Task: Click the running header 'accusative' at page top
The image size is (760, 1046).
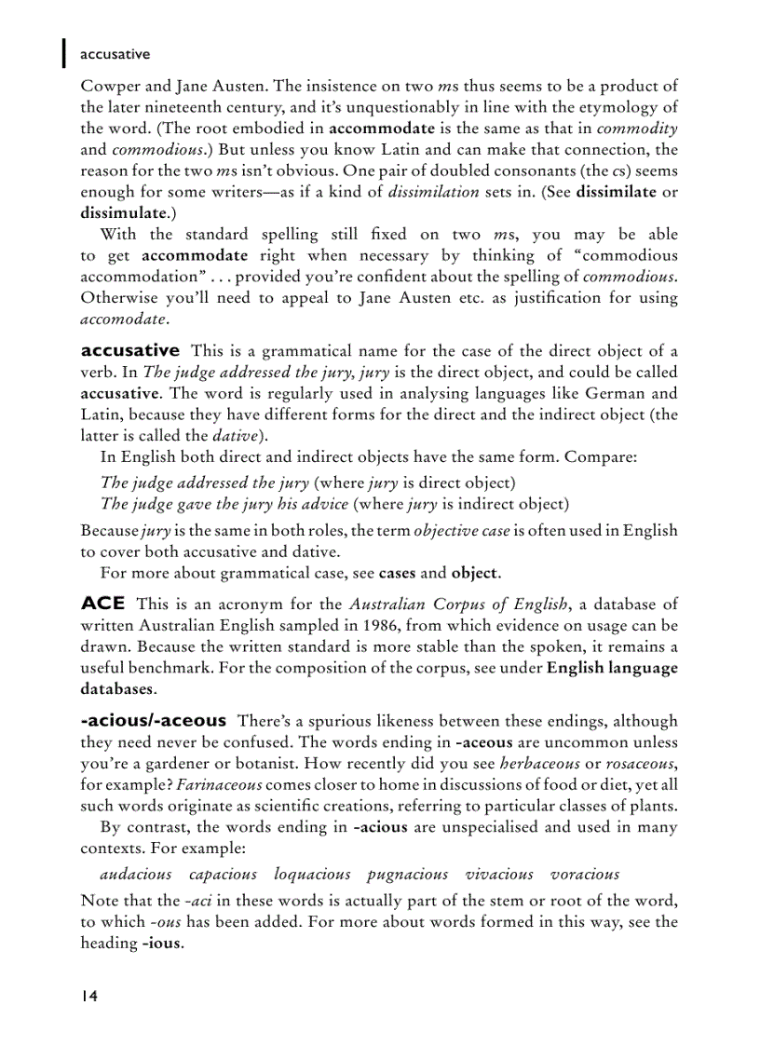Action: (115, 55)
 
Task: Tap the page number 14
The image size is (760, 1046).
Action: (89, 996)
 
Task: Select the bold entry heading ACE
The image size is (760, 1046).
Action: (102, 604)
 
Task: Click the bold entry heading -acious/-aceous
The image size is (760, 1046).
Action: (154, 720)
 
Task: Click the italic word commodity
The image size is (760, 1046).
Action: (636, 129)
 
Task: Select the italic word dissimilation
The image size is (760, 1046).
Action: (434, 192)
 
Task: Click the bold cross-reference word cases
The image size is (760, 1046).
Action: (397, 572)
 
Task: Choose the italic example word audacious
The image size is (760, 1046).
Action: (136, 874)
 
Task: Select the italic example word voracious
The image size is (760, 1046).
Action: (584, 874)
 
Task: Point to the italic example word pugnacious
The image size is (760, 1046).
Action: (407, 874)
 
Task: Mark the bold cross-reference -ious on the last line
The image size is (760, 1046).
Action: (160, 943)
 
